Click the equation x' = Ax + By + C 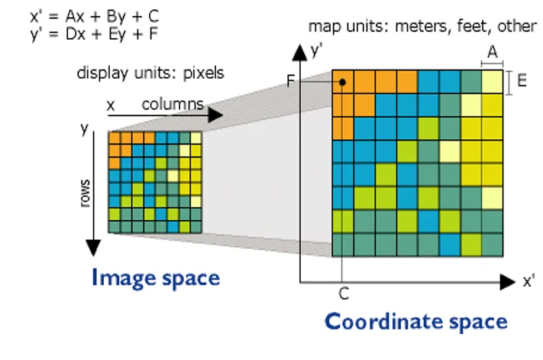coord(95,16)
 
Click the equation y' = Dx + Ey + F coord(94,34)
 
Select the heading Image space coord(156,278)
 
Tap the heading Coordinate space coord(416,322)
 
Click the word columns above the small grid coord(173,104)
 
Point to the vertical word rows coord(85,193)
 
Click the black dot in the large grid coord(342,82)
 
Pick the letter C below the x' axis coord(344,294)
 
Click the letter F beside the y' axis coord(290,81)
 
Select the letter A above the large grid coord(493,52)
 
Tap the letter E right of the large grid coord(522,81)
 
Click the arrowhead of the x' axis coord(508,282)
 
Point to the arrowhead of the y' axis coord(299,53)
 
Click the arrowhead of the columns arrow coord(215,115)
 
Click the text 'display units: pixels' coord(150,73)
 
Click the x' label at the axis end coord(528,281)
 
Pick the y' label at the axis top coord(316,51)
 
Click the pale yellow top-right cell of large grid coord(493,82)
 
